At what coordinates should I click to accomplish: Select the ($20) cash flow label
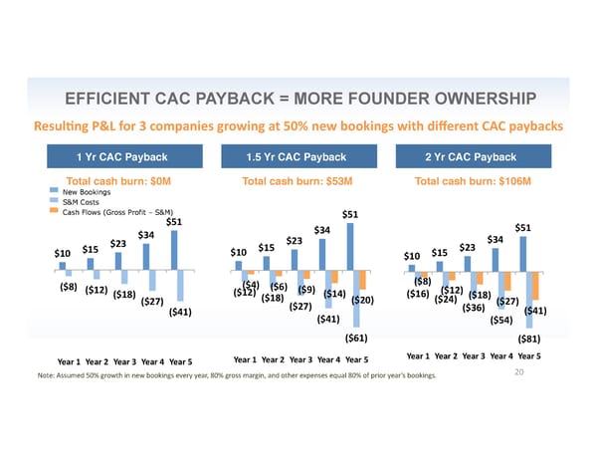click(362, 301)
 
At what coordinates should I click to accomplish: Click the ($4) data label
click(251, 285)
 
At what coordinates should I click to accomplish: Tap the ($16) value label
click(418, 294)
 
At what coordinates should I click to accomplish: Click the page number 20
click(519, 372)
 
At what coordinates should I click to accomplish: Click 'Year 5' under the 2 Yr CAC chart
click(529, 356)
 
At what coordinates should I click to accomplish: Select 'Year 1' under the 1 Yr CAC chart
click(69, 360)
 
